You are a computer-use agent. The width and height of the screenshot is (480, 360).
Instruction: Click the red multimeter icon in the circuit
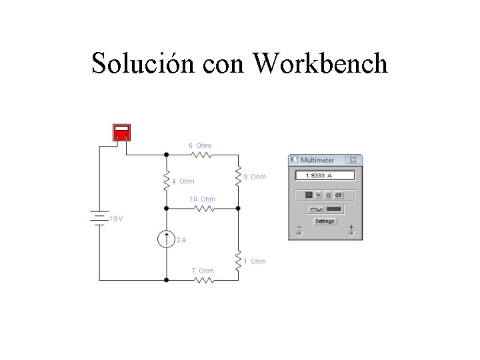coord(121,133)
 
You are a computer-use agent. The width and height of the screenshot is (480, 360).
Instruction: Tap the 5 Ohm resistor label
coord(200,145)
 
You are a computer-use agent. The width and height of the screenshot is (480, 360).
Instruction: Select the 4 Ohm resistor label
coord(183,181)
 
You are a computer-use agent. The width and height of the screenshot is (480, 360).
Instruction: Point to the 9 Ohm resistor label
coord(255,177)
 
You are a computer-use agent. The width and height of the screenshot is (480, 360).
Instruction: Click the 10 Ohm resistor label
coord(203,199)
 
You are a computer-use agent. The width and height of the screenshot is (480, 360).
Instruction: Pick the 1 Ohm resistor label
coord(255,261)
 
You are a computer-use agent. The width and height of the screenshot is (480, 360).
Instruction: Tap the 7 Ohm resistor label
coord(203,271)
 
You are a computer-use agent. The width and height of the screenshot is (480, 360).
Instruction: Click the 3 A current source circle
coord(167,239)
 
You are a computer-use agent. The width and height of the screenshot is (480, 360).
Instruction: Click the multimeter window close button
coord(353,160)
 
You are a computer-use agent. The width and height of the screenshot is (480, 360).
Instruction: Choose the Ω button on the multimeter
coord(327,195)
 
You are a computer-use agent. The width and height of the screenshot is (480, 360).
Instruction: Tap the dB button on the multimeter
coord(338,195)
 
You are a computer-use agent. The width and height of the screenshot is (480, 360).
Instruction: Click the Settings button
coord(325,221)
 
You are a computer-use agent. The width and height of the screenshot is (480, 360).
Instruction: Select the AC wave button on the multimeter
coord(313,209)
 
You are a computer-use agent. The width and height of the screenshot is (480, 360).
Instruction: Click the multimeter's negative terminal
coord(298,234)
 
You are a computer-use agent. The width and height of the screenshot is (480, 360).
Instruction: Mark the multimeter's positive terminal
coord(351,234)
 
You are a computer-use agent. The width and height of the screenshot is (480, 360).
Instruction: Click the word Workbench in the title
coord(321,64)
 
